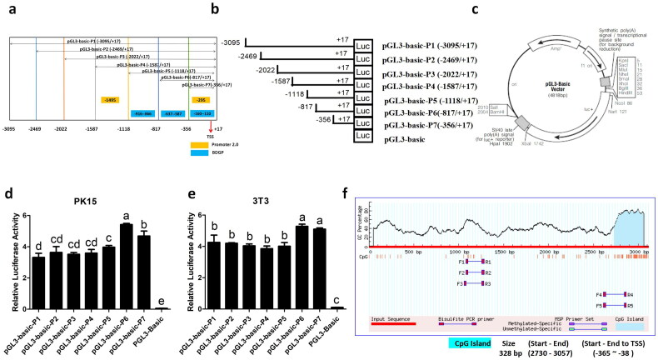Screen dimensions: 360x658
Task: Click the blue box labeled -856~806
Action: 141,112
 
